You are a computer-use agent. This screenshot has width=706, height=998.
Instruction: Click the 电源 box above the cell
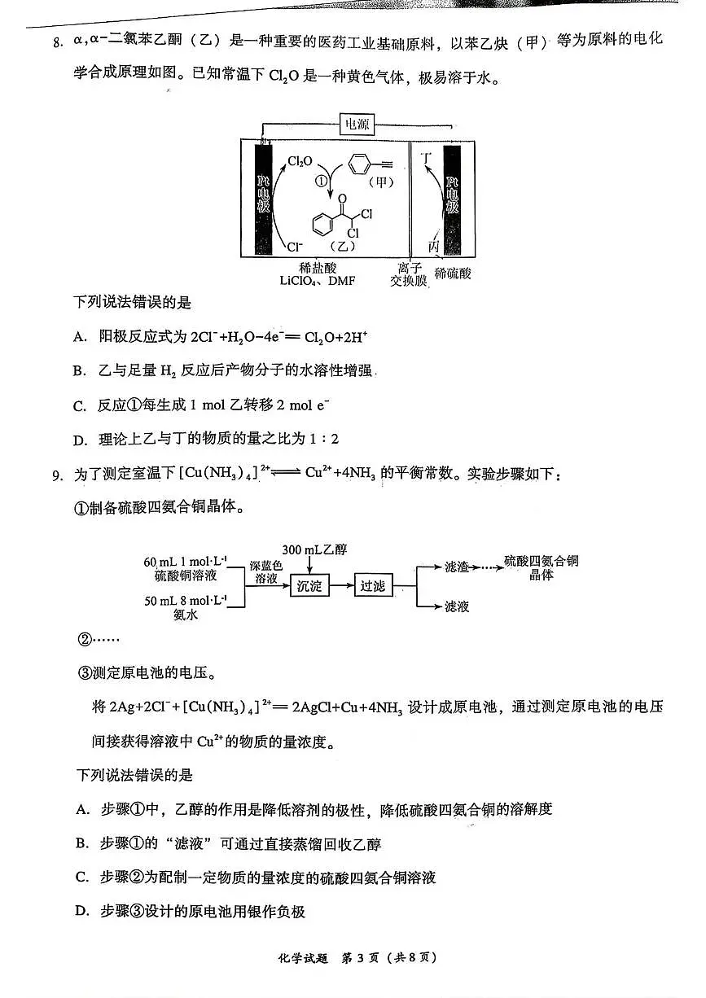(357, 125)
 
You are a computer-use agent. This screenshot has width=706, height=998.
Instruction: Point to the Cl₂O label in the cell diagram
(300, 162)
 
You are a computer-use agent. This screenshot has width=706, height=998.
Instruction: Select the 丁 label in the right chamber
(424, 155)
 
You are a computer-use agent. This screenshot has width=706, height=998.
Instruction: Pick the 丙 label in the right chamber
(433, 245)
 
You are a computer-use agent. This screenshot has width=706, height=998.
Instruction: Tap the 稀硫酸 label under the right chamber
(454, 274)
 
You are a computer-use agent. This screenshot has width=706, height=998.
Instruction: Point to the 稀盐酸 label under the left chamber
(317, 268)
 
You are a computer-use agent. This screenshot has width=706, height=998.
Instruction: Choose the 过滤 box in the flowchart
(373, 585)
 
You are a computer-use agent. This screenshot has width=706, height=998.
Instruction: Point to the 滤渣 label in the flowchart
(456, 566)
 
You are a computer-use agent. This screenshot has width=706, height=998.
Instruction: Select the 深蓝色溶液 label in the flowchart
(265, 571)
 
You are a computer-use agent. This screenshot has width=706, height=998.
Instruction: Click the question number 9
(57, 475)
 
